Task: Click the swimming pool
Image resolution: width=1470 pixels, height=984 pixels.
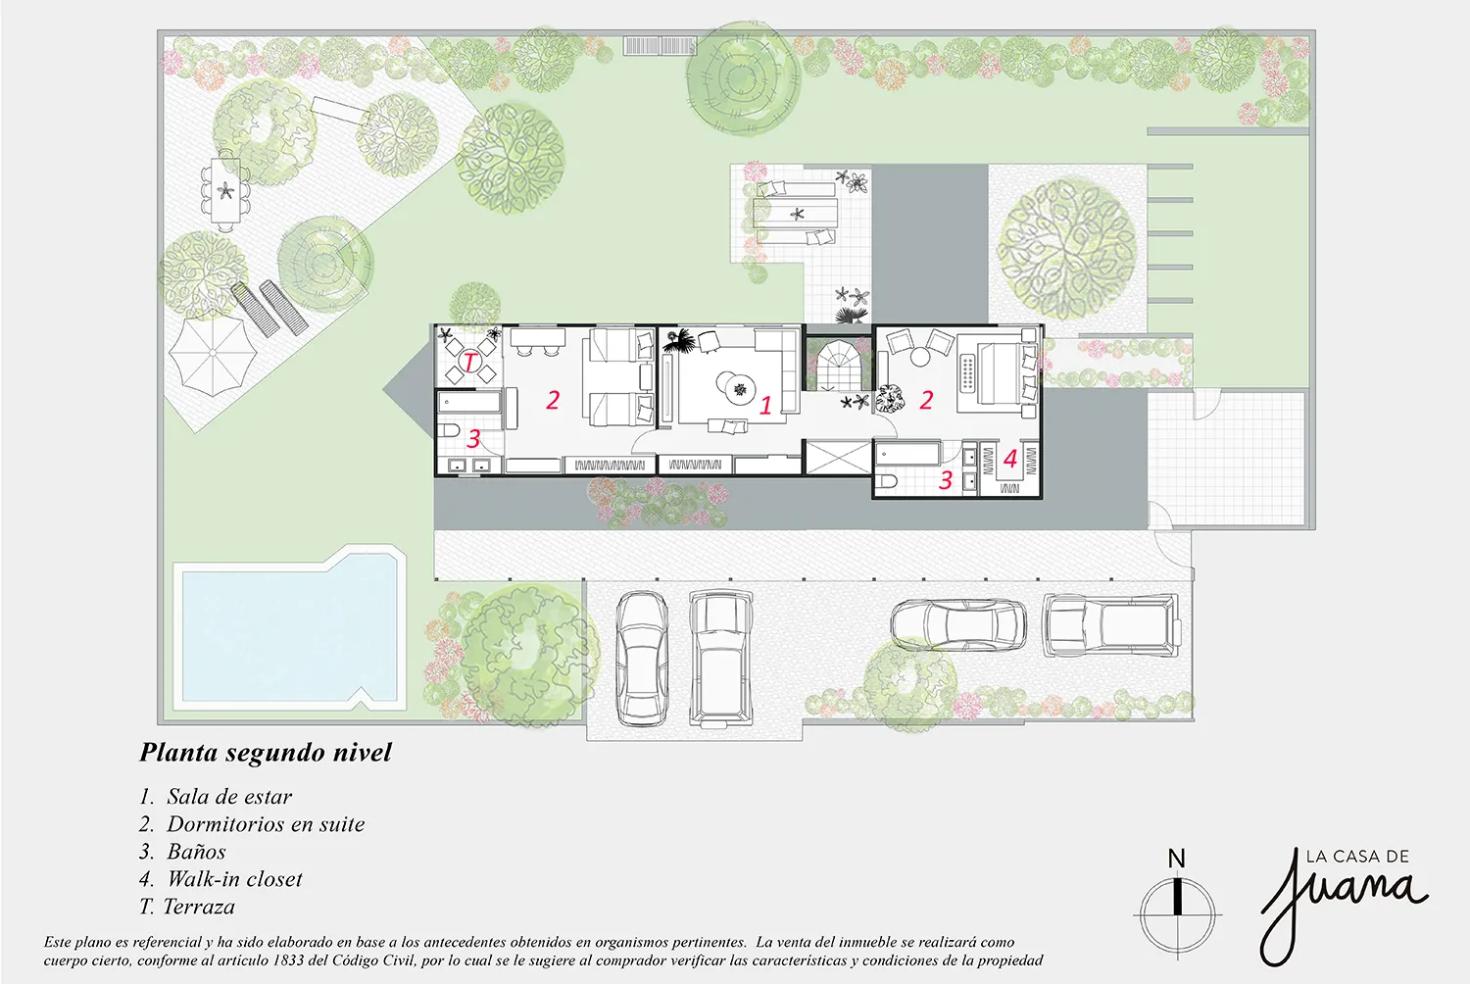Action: pyautogui.click(x=289, y=630)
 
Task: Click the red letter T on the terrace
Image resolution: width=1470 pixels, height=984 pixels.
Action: pyautogui.click(x=469, y=361)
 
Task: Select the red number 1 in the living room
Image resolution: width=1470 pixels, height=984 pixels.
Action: pyautogui.click(x=765, y=405)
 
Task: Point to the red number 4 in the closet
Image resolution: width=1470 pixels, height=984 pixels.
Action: pyautogui.click(x=1010, y=458)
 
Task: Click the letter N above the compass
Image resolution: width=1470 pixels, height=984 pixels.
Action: pyautogui.click(x=1177, y=858)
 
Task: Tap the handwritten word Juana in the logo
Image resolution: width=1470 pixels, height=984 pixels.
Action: pyautogui.click(x=1343, y=910)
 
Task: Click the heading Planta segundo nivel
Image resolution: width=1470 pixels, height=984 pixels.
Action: pyautogui.click(x=266, y=753)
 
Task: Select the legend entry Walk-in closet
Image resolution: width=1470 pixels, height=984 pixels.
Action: pyautogui.click(x=220, y=879)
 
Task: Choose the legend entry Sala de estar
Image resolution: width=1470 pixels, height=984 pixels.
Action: pyautogui.click(x=216, y=796)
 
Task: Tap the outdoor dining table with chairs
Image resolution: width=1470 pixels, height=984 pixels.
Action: pyautogui.click(x=225, y=190)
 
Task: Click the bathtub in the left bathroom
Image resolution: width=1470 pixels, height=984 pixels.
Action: pyautogui.click(x=469, y=403)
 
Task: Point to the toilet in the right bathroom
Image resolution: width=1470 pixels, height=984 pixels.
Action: pyautogui.click(x=886, y=482)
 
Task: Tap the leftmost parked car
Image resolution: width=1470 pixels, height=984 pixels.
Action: pyautogui.click(x=642, y=658)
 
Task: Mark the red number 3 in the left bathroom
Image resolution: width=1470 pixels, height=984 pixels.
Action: pyautogui.click(x=473, y=438)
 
